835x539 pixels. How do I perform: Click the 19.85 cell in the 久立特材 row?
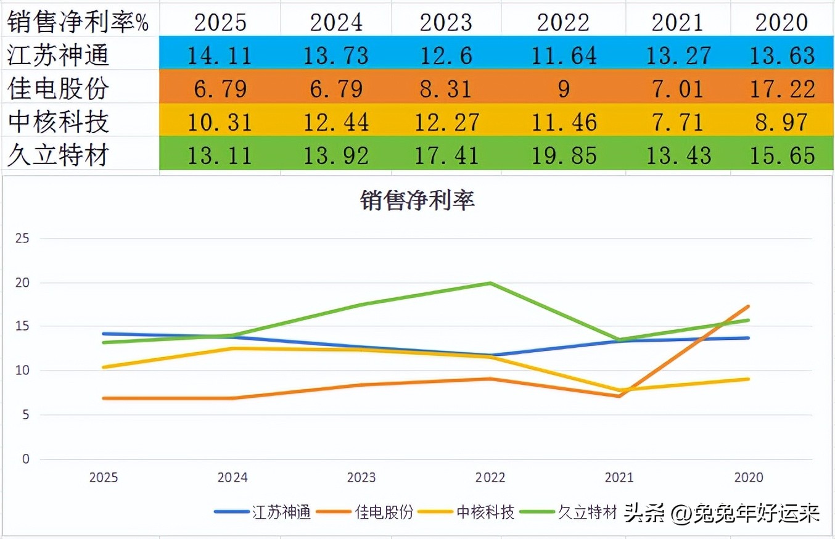tap(567, 155)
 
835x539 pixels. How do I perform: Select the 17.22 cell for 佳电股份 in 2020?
tap(783, 88)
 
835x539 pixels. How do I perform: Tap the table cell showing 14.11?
tap(220, 55)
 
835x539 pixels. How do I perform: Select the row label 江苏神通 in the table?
tap(58, 55)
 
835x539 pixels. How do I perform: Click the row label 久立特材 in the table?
tap(58, 155)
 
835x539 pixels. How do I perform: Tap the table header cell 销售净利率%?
tap(79, 22)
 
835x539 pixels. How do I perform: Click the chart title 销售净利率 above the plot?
tap(417, 201)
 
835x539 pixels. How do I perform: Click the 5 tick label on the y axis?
tap(25, 415)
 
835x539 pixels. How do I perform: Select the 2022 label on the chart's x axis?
tap(490, 477)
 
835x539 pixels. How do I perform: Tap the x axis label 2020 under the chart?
tap(748, 477)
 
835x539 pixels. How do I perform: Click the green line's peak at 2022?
tap(490, 283)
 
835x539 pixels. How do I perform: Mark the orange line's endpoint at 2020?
tap(748, 307)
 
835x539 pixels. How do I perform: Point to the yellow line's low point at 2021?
tap(619, 390)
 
